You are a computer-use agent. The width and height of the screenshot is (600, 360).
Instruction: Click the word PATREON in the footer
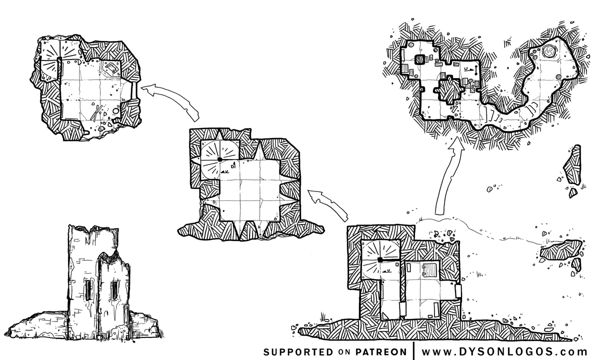tap(381, 351)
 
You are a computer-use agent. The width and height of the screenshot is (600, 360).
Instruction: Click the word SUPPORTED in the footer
tap(298, 351)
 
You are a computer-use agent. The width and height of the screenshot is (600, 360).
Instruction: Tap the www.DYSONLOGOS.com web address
tap(504, 351)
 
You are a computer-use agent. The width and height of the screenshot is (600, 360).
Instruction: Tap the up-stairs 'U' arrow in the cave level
tap(467, 69)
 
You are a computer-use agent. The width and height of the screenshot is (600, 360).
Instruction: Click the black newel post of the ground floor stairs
tap(380, 259)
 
